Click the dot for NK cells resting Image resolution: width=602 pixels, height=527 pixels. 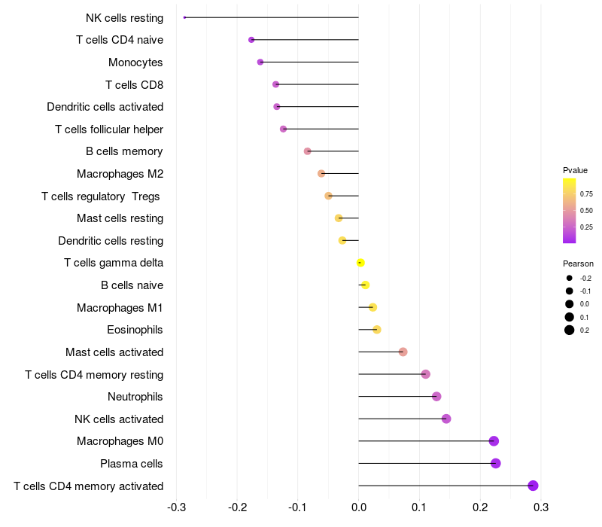(184, 17)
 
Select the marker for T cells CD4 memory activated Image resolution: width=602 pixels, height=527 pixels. (533, 486)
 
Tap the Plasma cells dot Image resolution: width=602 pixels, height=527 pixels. (496, 463)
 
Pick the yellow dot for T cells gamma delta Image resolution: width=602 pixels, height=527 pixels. (360, 263)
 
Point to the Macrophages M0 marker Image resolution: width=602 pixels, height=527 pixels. (494, 441)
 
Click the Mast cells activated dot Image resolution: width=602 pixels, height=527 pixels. (403, 352)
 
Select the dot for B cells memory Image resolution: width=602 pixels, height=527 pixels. (308, 151)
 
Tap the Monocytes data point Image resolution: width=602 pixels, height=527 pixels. (260, 62)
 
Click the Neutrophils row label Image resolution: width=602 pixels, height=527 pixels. (135, 397)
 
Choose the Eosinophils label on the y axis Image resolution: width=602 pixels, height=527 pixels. (135, 330)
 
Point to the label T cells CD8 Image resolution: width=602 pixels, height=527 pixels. (135, 84)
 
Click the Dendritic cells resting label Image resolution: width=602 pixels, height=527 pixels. (111, 240)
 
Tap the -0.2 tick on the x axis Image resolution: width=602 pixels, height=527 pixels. (237, 507)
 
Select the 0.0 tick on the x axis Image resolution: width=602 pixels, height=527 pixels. (359, 507)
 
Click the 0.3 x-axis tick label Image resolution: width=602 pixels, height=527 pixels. (541, 507)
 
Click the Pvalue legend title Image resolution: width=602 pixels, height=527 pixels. (575, 170)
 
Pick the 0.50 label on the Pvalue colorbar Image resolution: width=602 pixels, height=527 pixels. (586, 211)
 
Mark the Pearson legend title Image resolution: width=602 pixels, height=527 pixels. (578, 263)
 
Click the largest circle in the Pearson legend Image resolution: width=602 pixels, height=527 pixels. (570, 330)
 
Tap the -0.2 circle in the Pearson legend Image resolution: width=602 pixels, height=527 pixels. (570, 278)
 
